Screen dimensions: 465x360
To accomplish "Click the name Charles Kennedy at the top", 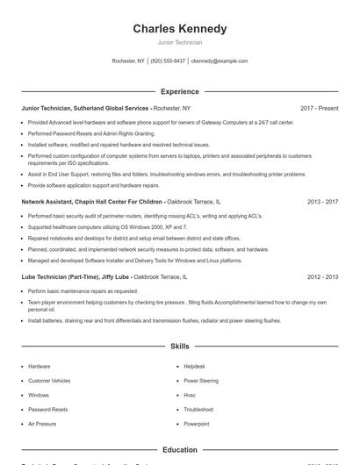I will tap(179, 28).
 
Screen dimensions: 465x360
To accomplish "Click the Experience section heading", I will tap(179, 91).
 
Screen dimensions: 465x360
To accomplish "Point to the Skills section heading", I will tap(179, 347).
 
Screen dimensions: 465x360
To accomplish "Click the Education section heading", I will tap(179, 450).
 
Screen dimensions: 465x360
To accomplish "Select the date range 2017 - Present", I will tap(319, 108).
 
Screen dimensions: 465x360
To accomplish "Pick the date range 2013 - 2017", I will tap(322, 202).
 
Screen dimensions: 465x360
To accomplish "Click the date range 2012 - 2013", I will tap(322, 277).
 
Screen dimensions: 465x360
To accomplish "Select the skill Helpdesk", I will tap(194, 366).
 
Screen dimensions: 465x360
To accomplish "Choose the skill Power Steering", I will tap(201, 381).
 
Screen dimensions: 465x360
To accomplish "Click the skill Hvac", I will tap(190, 395).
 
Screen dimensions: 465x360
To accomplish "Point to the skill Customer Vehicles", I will tap(49, 381).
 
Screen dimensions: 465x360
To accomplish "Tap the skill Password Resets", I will tap(47, 410).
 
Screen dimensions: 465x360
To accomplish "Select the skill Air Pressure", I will tap(42, 424).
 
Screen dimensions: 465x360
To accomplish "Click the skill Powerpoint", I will tap(197, 424).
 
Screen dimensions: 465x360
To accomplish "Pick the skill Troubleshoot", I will tap(198, 410).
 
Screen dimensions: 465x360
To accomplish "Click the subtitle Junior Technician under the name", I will tap(179, 42).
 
